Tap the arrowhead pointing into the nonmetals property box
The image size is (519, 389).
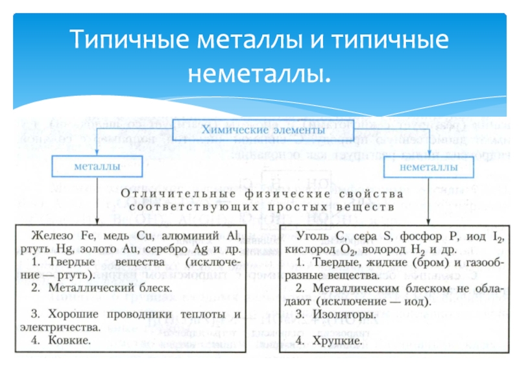pyautogui.click(x=429, y=221)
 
